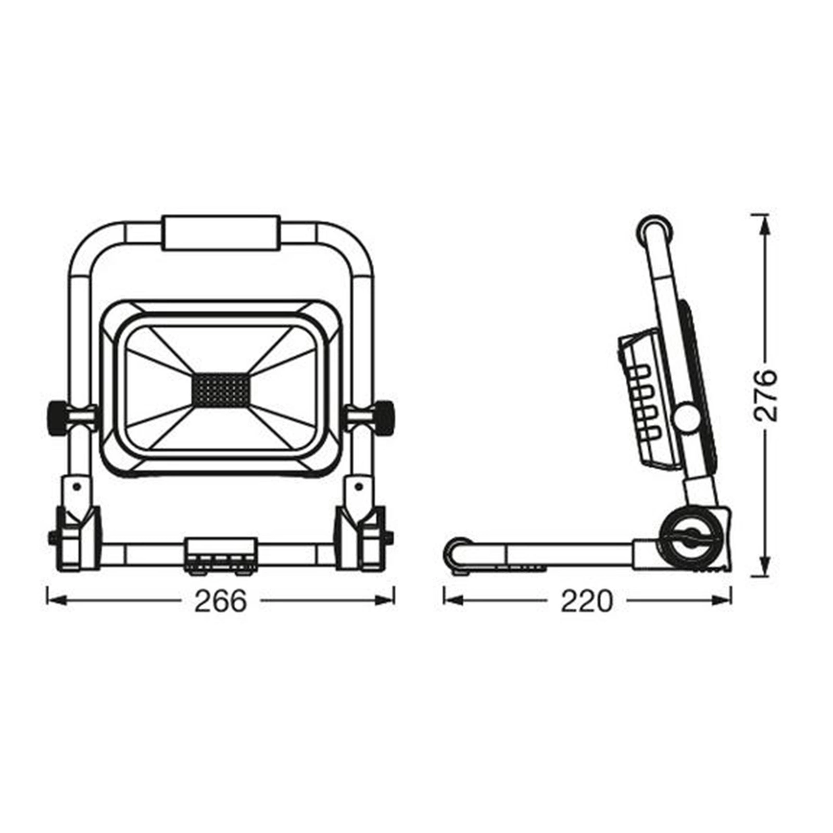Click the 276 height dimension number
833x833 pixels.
click(766, 395)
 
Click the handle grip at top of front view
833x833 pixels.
click(221, 234)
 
